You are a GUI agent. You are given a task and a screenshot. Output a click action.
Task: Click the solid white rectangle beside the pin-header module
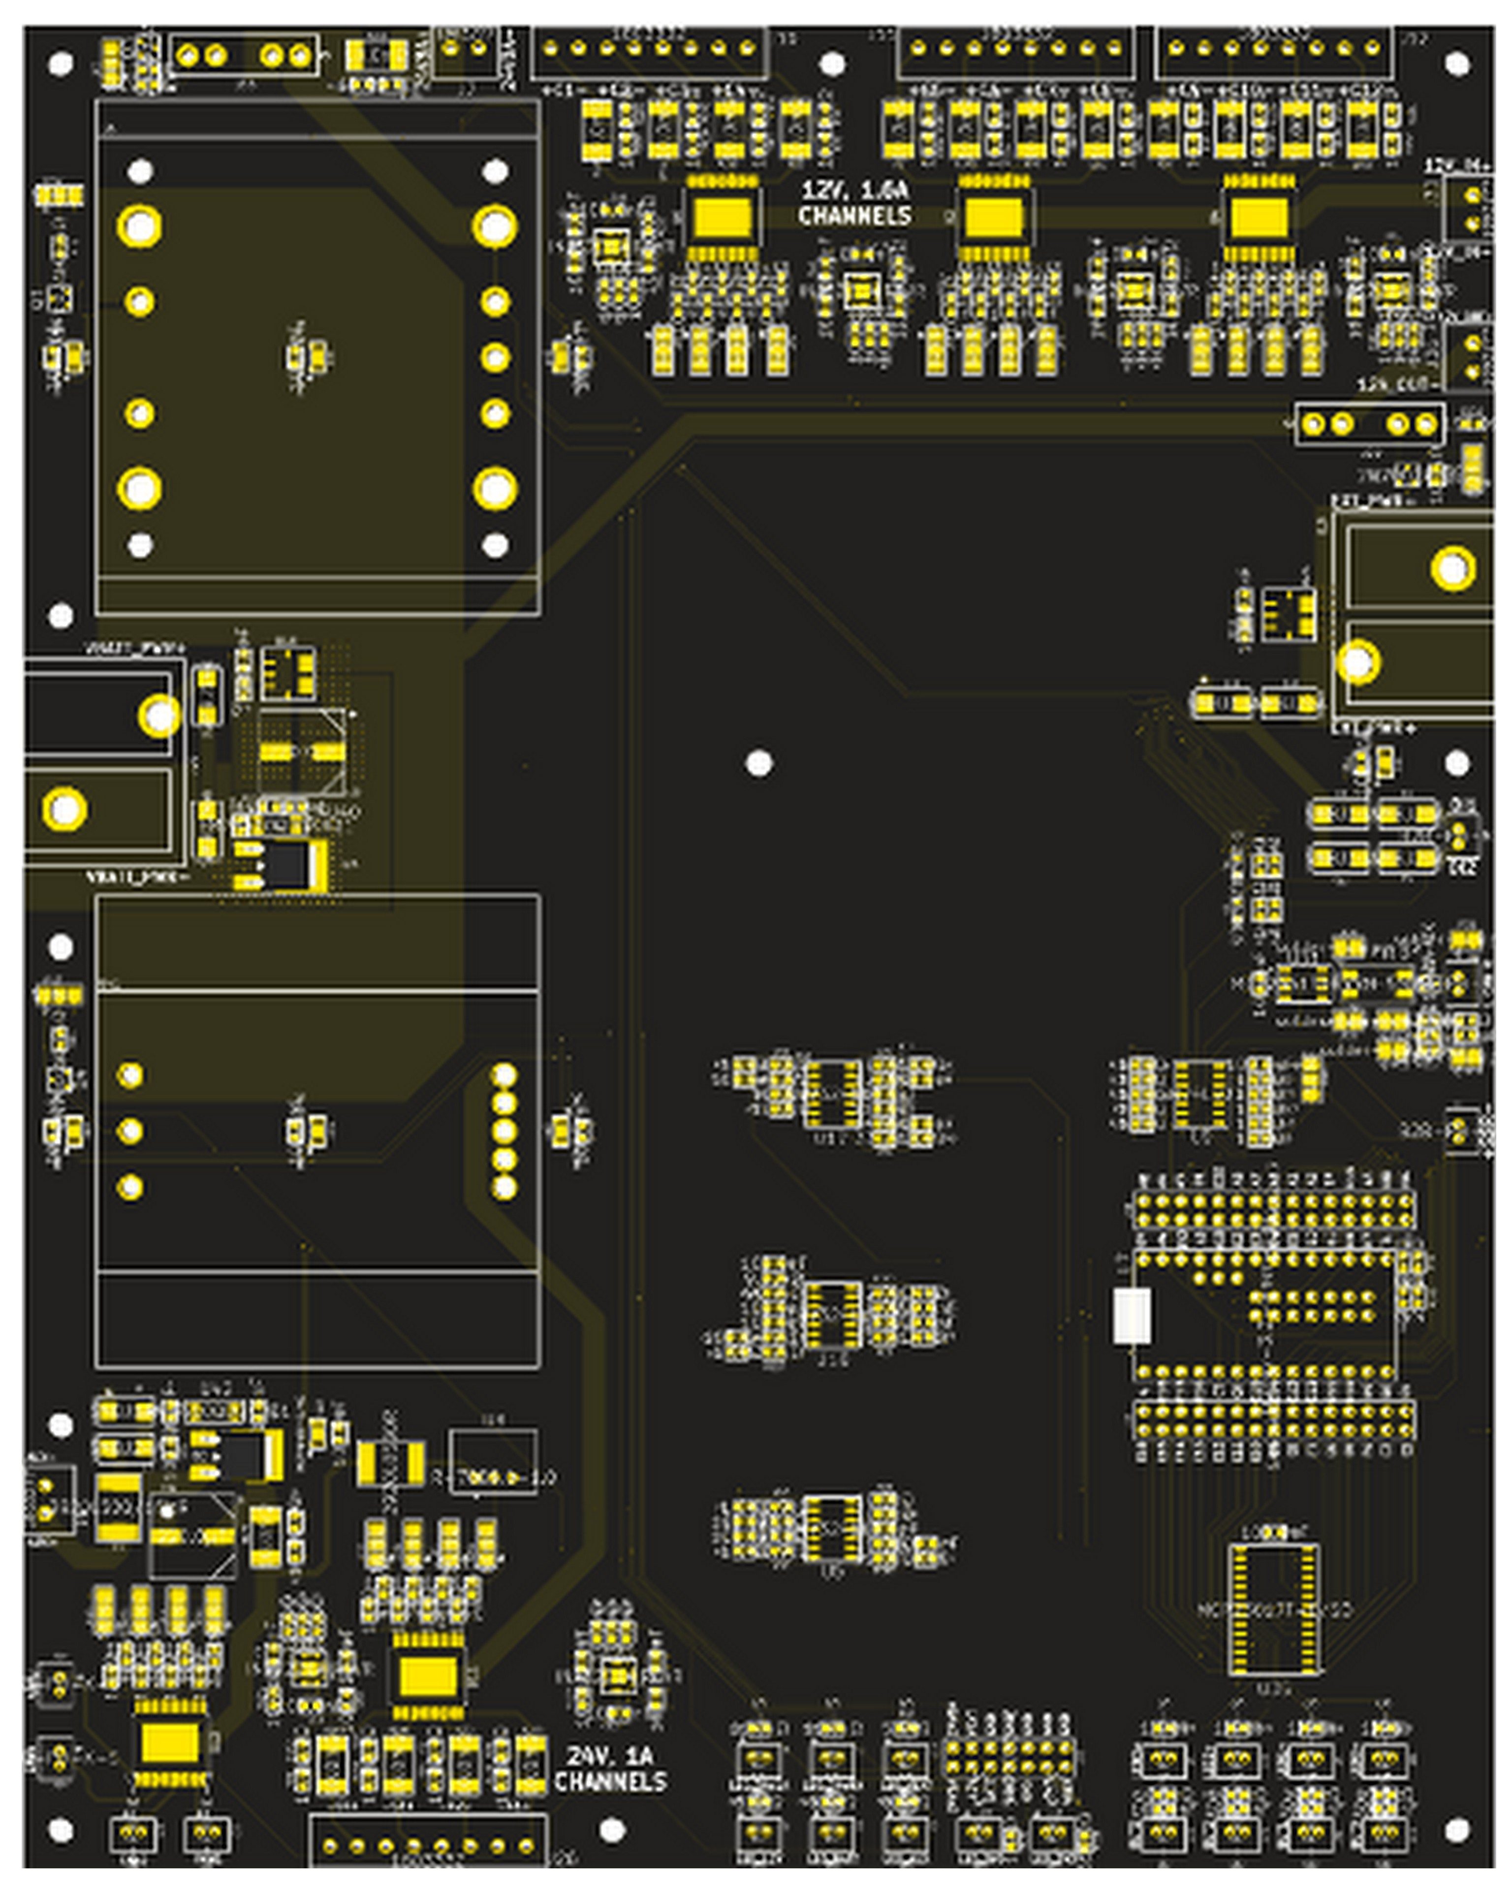[x=1131, y=1315]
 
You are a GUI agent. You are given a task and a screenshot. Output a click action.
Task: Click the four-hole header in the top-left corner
[x=243, y=56]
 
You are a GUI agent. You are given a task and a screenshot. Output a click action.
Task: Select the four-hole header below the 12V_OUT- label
[x=1369, y=424]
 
